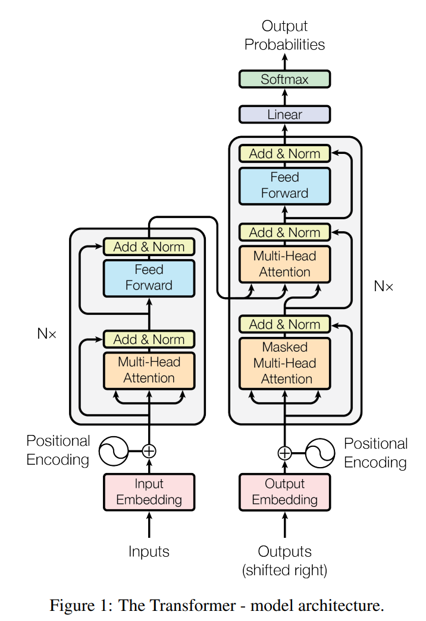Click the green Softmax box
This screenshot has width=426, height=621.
click(x=284, y=79)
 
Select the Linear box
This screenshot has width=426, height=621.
click(x=284, y=114)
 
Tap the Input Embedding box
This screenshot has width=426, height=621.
click(x=149, y=491)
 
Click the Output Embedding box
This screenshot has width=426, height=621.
click(x=284, y=491)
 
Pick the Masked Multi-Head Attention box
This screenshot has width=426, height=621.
click(x=284, y=362)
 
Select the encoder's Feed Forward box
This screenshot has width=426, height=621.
click(x=149, y=278)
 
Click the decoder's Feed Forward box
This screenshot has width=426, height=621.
click(x=284, y=185)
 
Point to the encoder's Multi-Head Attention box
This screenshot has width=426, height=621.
click(x=149, y=370)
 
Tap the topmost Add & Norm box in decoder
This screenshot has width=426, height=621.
click(x=284, y=153)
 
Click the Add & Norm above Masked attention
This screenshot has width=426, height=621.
click(x=284, y=324)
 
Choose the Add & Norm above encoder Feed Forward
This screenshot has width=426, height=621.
click(x=149, y=247)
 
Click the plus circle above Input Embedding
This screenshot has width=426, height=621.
click(x=149, y=451)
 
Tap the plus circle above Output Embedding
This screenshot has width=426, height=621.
click(x=284, y=453)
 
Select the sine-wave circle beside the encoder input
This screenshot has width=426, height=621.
click(x=113, y=451)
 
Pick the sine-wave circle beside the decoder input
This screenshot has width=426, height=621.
click(x=320, y=453)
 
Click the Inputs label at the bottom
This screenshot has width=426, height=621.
click(x=149, y=551)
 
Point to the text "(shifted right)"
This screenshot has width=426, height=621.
click(x=284, y=571)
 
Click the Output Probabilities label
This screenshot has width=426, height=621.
click(x=284, y=35)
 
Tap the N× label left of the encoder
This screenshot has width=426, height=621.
click(x=47, y=333)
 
